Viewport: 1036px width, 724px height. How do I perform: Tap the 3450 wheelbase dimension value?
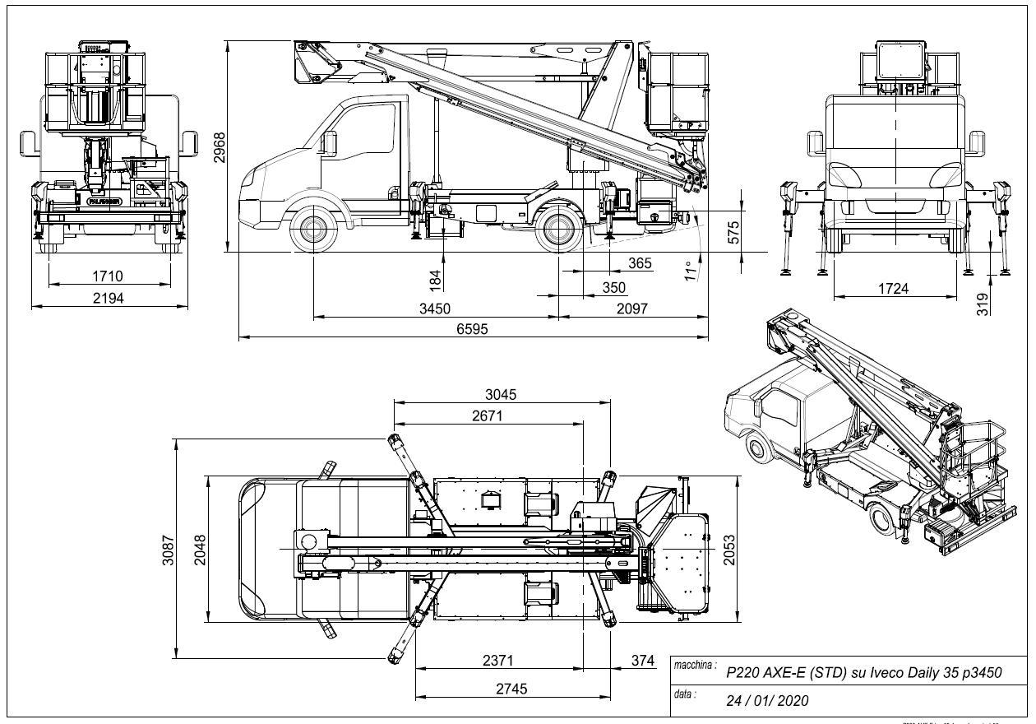pos(437,309)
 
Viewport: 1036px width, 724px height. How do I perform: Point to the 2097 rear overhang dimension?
pos(631,309)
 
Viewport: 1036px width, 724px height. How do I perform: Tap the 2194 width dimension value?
pos(109,298)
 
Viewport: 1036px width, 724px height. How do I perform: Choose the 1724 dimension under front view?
pos(893,288)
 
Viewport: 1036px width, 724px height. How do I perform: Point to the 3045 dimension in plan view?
pos(501,394)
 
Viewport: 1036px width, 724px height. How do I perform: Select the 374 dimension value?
pos(642,661)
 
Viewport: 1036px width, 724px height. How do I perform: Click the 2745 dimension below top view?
pos(511,689)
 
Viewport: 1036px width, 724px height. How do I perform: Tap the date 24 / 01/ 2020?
pos(767,701)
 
